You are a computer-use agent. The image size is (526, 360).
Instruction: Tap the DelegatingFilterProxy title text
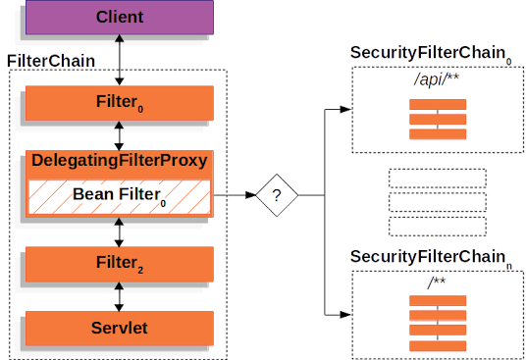click(x=119, y=160)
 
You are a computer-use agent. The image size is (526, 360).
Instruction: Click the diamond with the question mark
click(x=277, y=196)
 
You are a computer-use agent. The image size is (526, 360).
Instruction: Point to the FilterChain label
click(x=51, y=61)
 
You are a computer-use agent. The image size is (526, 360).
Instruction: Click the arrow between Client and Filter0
click(x=119, y=61)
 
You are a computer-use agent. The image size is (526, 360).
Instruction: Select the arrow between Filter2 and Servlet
click(x=119, y=295)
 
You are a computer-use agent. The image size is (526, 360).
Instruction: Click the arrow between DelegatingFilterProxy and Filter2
click(x=119, y=231)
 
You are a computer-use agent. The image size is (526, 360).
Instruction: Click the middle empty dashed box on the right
click(x=438, y=203)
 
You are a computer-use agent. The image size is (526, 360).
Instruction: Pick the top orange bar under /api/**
click(x=438, y=105)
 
